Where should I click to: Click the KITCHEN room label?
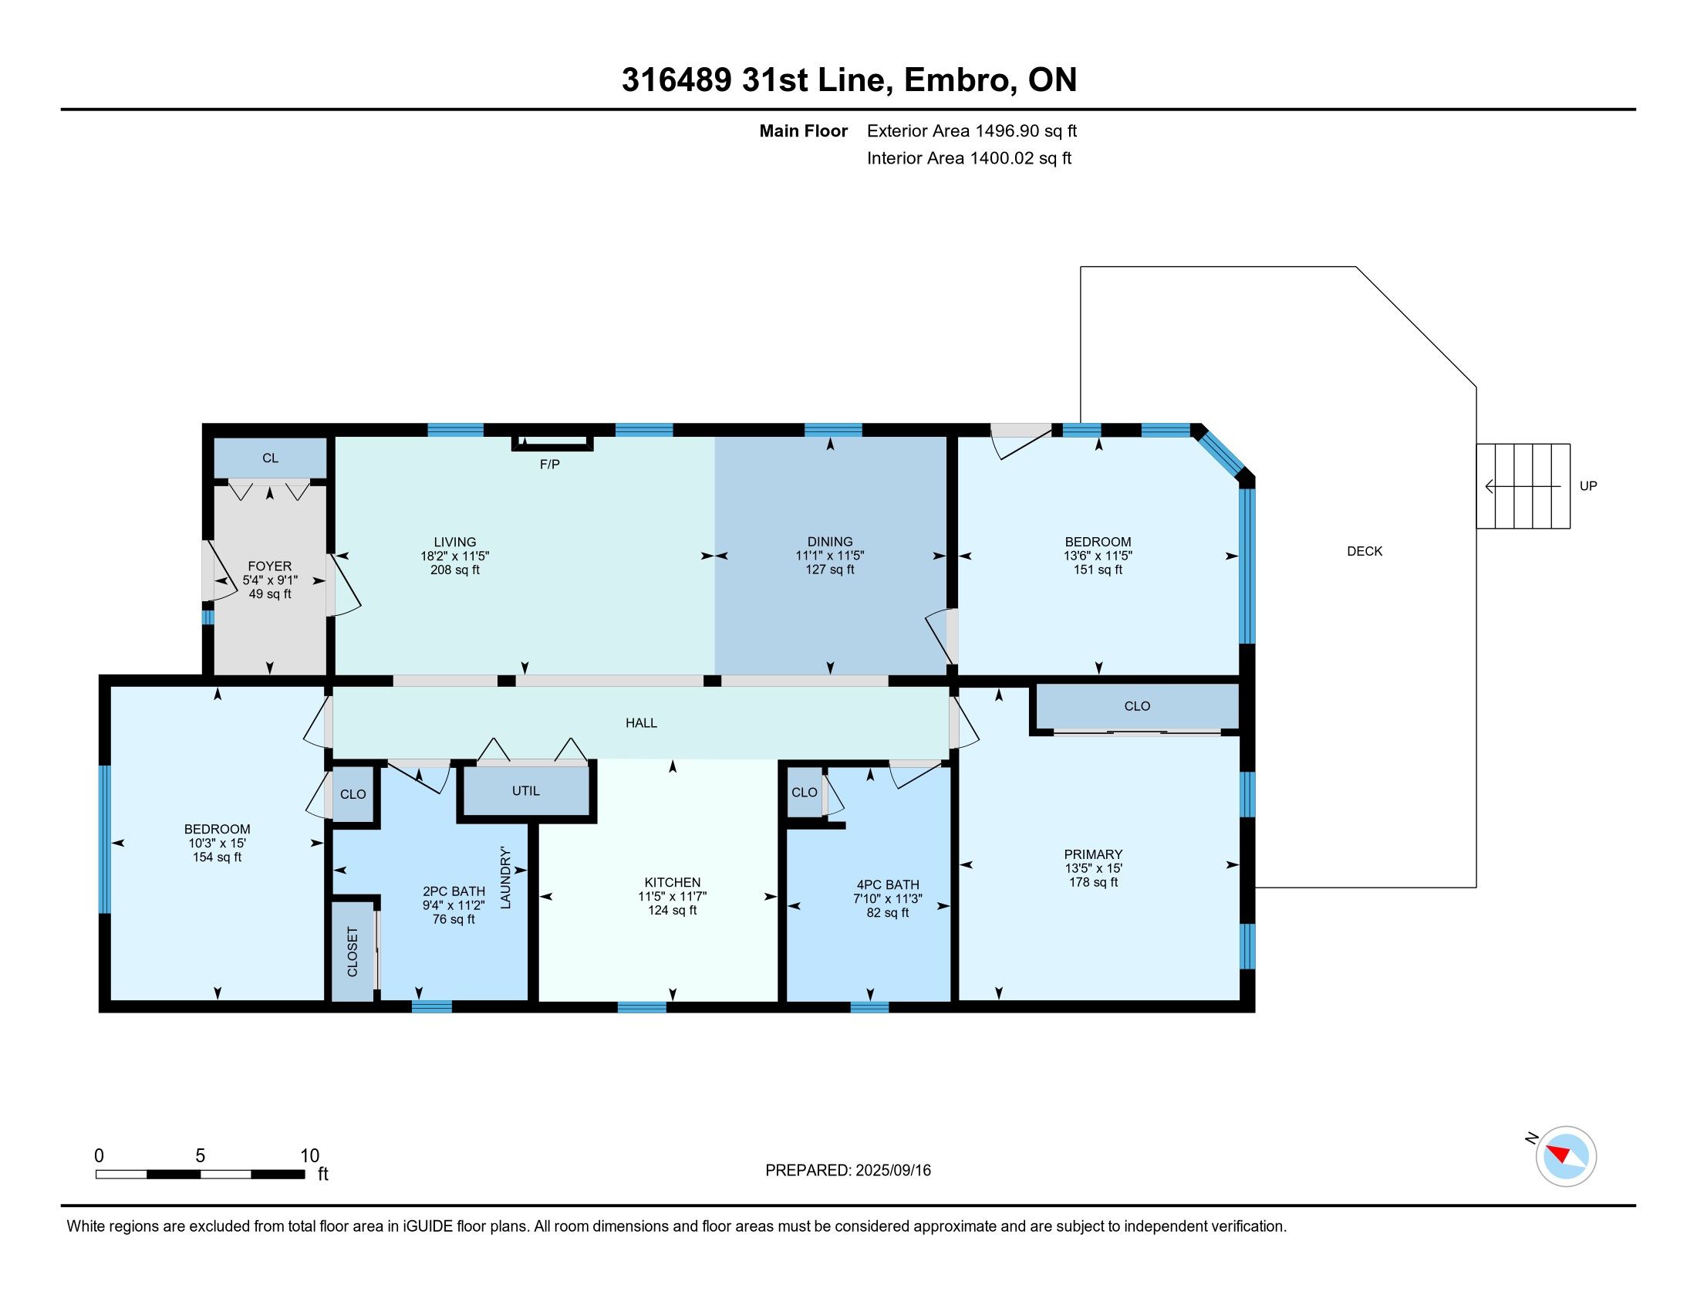click(672, 882)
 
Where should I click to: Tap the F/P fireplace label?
click(549, 464)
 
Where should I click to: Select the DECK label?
click(1365, 551)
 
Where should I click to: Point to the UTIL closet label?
click(525, 790)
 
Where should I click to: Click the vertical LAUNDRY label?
click(505, 877)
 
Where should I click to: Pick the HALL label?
click(641, 723)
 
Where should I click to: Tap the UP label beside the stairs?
click(1588, 485)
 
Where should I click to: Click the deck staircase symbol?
click(1523, 485)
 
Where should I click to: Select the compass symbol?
click(1566, 1156)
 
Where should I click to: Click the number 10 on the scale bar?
click(309, 1155)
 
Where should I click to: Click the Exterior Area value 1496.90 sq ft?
click(1026, 130)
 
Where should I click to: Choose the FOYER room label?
click(270, 566)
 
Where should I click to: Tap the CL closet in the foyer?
click(270, 458)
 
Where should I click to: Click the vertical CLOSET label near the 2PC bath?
click(352, 952)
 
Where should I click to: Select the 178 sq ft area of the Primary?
click(1093, 882)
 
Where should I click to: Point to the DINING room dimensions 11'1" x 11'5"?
click(830, 556)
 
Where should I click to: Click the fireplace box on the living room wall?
click(552, 442)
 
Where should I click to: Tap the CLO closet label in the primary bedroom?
click(1137, 705)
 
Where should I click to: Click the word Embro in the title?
click(960, 80)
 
